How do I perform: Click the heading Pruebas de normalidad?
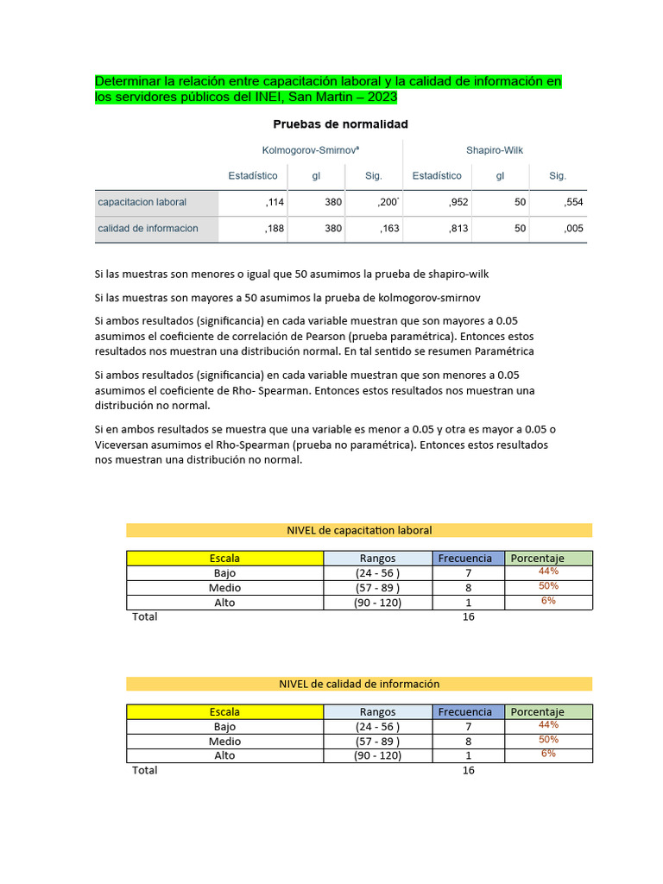pos(340,124)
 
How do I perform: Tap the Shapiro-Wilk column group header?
pos(495,150)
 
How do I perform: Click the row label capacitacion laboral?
pos(142,202)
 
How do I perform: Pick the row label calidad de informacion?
pos(148,229)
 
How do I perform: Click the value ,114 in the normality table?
pos(275,202)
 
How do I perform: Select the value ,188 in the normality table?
pos(275,229)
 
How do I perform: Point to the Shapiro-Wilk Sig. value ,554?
pos(573,202)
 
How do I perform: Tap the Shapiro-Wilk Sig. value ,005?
pos(573,229)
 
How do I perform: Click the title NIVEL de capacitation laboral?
pos(359,530)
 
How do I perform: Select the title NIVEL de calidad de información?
pos(359,684)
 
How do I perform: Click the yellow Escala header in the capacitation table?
pos(224,559)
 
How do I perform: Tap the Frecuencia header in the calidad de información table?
pos(464,712)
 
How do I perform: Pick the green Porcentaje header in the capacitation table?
pos(537,559)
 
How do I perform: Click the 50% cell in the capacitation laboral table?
pos(548,586)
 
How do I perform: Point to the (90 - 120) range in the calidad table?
pos(377,755)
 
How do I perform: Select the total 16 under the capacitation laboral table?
pos(468,616)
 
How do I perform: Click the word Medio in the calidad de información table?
pos(224,742)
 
